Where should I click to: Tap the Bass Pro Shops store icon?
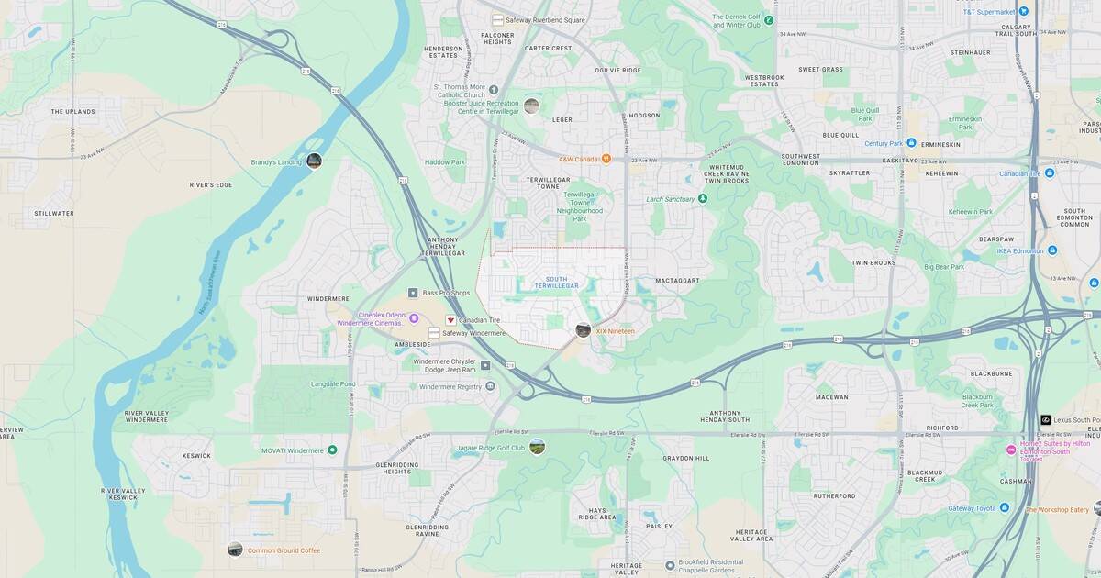(413, 293)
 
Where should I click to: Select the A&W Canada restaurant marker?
(606, 159)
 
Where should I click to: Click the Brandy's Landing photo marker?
(314, 161)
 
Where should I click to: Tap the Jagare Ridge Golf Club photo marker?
(537, 447)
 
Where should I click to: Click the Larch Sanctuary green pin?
(702, 198)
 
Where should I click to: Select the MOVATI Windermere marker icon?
(332, 450)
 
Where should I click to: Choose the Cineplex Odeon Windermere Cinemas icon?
(413, 318)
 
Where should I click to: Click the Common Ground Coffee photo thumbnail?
(235, 550)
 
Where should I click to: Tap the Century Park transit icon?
(911, 143)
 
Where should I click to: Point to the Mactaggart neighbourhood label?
(678, 281)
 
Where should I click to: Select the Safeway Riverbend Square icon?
(497, 19)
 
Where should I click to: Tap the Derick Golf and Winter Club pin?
(769, 19)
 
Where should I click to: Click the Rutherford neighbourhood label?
(833, 496)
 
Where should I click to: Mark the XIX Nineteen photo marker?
(583, 330)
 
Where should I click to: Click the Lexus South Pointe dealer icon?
(1045, 419)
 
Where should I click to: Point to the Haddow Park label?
(445, 162)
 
